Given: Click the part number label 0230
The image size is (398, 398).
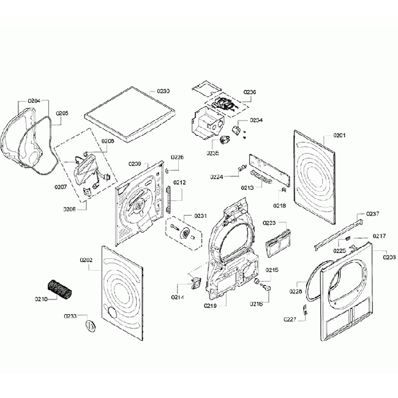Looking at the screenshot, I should tap(163, 91).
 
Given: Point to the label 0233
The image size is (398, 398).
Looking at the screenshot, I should tap(71, 316).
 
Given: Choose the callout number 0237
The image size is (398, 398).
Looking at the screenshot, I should tap(373, 214).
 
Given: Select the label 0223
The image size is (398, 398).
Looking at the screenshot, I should tap(269, 223).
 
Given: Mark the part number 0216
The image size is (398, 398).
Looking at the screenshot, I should tap(255, 304).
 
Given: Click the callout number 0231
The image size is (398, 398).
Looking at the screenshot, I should tap(201, 216).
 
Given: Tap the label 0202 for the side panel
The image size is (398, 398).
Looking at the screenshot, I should tap(86, 260).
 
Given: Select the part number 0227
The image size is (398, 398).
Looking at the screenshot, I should tap(290, 319).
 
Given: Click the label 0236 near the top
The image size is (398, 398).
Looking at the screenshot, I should tap(250, 92).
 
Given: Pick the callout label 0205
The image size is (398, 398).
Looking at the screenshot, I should tap(62, 113).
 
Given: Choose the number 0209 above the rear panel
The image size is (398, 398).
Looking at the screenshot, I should tap(135, 163).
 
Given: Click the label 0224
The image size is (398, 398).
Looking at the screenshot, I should tap(216, 177).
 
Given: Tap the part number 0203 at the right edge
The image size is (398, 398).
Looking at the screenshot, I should tap(389, 257).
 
